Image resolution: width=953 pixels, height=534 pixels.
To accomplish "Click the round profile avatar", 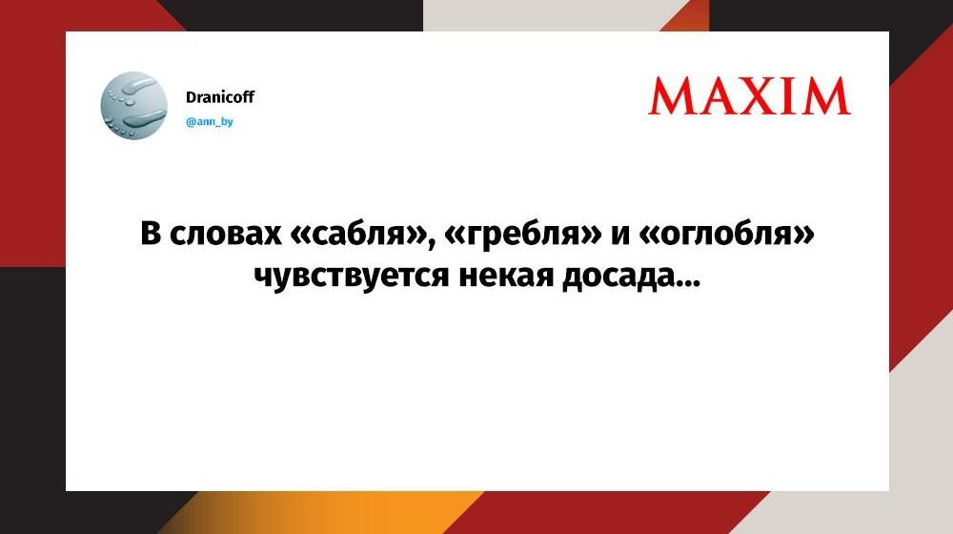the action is tap(133, 105).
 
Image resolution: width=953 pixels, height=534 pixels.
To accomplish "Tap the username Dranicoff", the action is tap(219, 96).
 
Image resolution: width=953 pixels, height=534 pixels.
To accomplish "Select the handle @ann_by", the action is tap(209, 122).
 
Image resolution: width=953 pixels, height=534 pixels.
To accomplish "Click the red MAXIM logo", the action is tap(749, 96).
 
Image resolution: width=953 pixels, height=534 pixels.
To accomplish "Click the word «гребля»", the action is tap(524, 236).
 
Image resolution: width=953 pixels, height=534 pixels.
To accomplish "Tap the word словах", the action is tap(226, 235).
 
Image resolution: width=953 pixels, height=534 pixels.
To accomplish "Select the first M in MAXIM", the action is tap(671, 97).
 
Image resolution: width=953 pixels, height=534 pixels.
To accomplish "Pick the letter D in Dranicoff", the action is tap(191, 96).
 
